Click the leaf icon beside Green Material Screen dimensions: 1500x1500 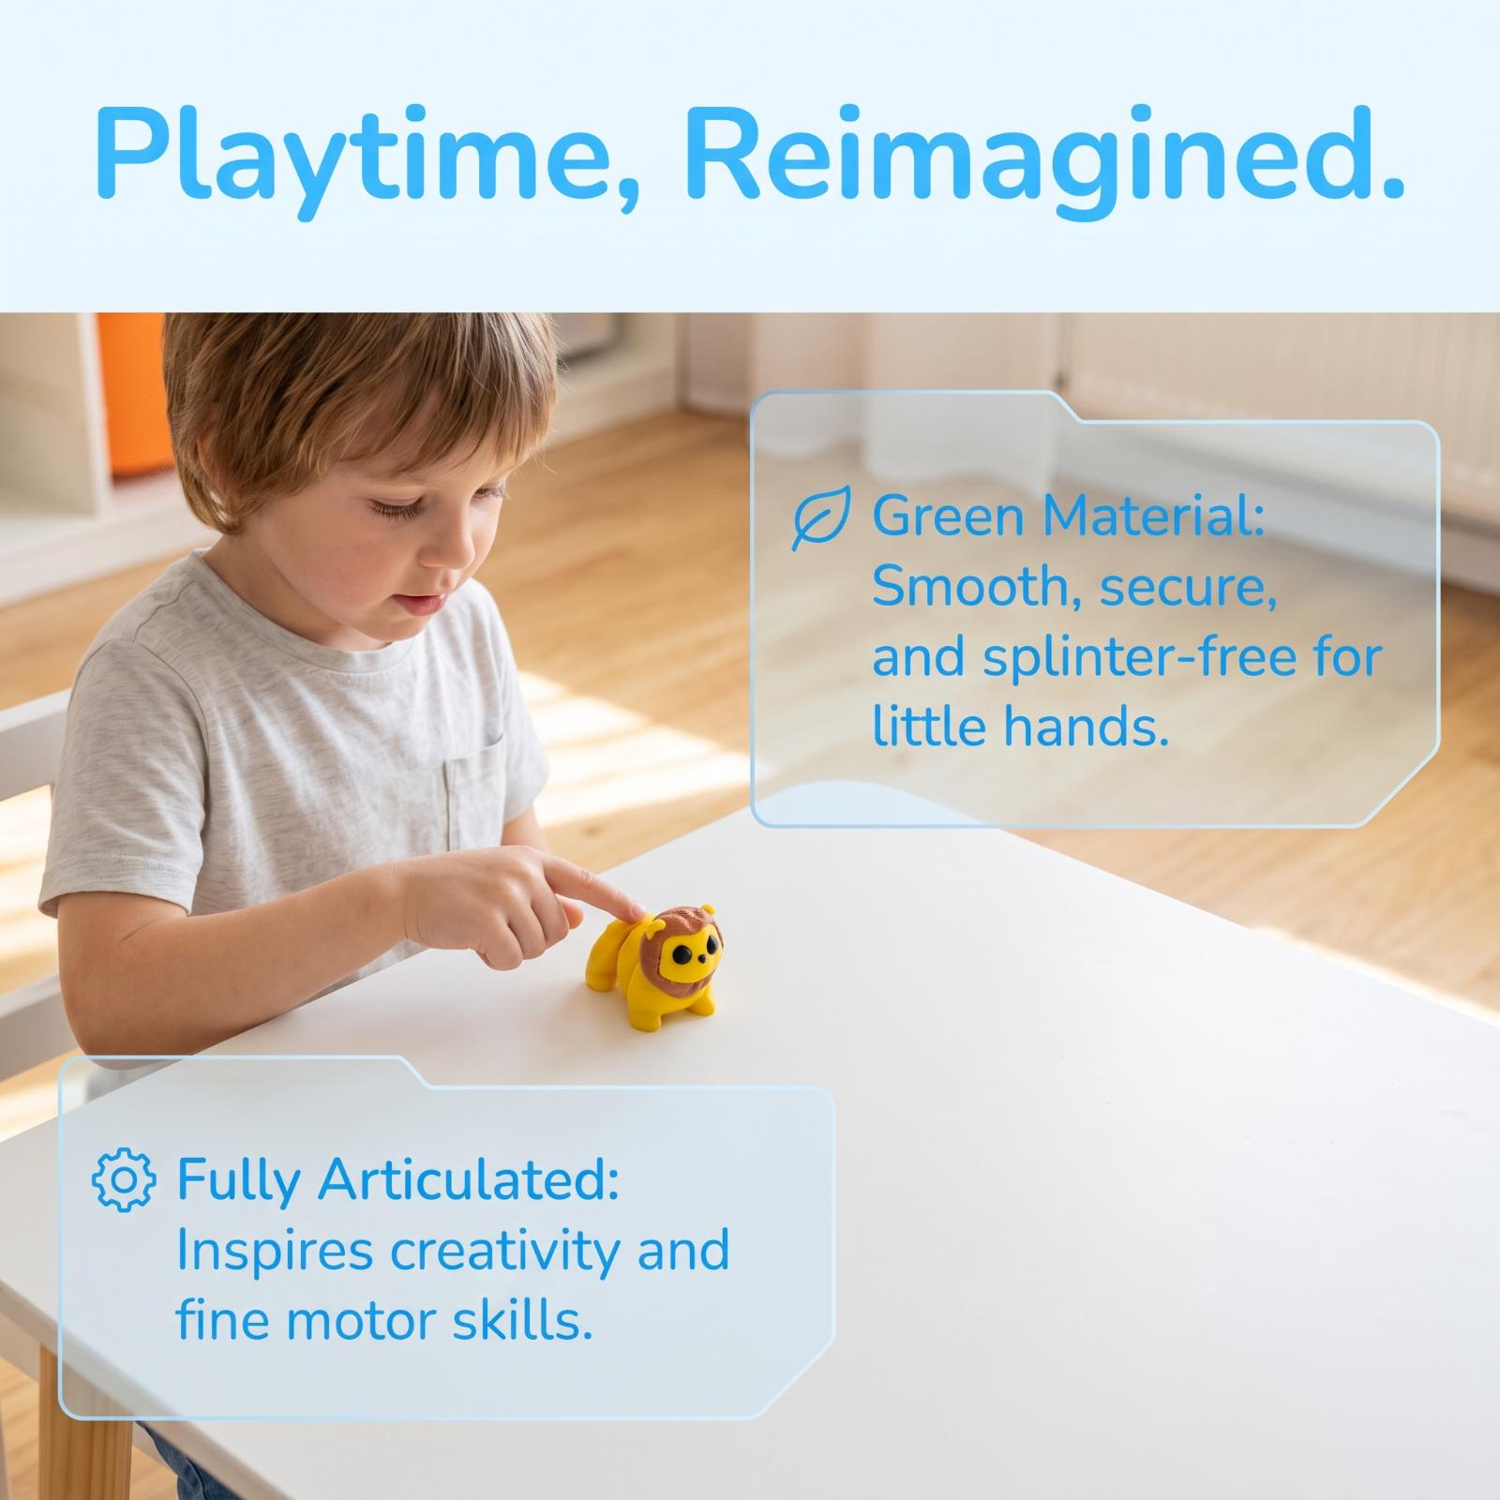coord(821,517)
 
